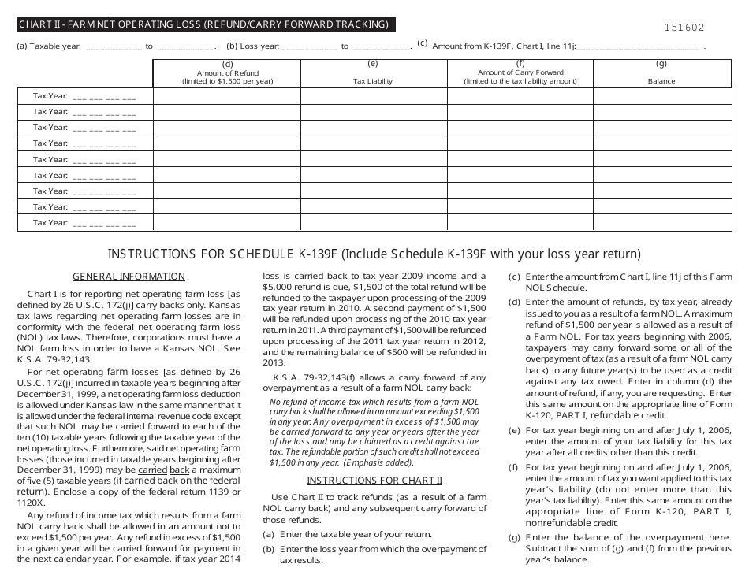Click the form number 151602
click(x=684, y=27)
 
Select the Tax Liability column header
click(x=373, y=81)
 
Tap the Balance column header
click(x=661, y=81)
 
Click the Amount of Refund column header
click(x=227, y=76)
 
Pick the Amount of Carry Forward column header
click(x=520, y=76)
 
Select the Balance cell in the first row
click(x=661, y=96)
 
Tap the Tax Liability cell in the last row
click(x=373, y=223)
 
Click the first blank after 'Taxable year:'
click(x=113, y=47)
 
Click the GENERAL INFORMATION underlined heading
click(x=129, y=277)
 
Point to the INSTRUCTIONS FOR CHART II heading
click(x=374, y=481)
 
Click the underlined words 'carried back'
click(x=173, y=470)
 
